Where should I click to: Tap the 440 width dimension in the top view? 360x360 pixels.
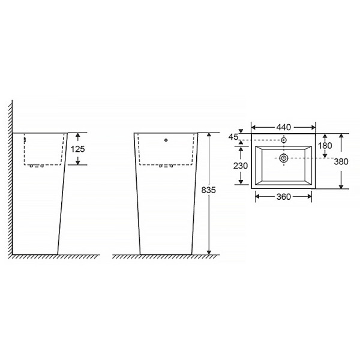point(283,127)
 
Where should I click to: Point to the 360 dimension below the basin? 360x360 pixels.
point(283,196)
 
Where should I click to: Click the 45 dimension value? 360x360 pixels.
point(233,138)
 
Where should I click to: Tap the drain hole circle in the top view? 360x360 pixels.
point(284,158)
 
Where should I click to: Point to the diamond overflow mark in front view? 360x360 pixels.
point(166,141)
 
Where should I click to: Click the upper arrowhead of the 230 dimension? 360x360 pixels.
point(241,147)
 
